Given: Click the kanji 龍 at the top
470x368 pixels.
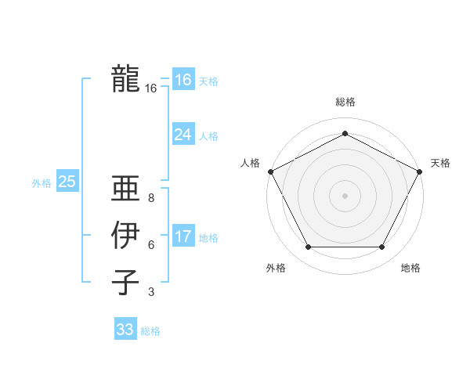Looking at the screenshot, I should (125, 78).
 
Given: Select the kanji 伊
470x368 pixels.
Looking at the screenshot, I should (125, 235).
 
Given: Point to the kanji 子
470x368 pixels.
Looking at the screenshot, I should (125, 282).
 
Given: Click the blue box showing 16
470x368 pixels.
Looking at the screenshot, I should (183, 80).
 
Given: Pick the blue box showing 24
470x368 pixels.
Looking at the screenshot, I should (183, 135).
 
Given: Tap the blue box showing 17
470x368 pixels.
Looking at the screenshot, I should (183, 236).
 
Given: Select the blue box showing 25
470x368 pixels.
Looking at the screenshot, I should (67, 182).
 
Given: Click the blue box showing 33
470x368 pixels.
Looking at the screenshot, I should (125, 330).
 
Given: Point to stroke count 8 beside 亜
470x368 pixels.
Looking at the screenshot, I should (151, 198).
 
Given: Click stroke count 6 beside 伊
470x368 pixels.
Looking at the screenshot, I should (151, 245).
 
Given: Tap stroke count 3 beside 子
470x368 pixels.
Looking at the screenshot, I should (151, 292).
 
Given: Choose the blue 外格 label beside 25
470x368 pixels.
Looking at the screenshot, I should (42, 183).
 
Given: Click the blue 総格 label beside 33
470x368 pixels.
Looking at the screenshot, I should (150, 331).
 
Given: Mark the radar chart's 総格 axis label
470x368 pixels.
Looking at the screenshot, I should (345, 102).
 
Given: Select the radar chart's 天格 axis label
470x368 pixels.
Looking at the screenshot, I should (440, 163).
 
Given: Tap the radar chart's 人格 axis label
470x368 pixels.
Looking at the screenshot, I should (250, 163).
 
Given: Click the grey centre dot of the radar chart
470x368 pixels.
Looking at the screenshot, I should (345, 195).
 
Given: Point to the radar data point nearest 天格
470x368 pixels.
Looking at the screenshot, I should (421, 171).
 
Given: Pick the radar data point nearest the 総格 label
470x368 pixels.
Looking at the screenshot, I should (345, 133).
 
